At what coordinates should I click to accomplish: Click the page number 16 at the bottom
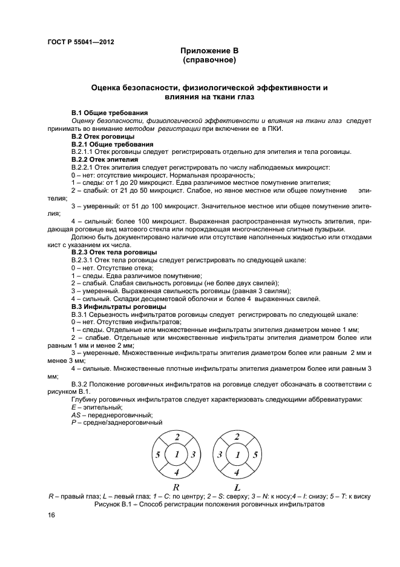click(51, 515)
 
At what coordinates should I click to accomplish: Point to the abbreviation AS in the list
click(76, 415)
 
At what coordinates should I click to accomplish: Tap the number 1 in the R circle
click(177, 454)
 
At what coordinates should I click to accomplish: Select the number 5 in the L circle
click(257, 454)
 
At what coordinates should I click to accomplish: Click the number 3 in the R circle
click(193, 454)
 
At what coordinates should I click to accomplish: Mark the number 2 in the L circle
click(237, 437)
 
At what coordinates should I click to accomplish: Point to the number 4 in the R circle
click(177, 471)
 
